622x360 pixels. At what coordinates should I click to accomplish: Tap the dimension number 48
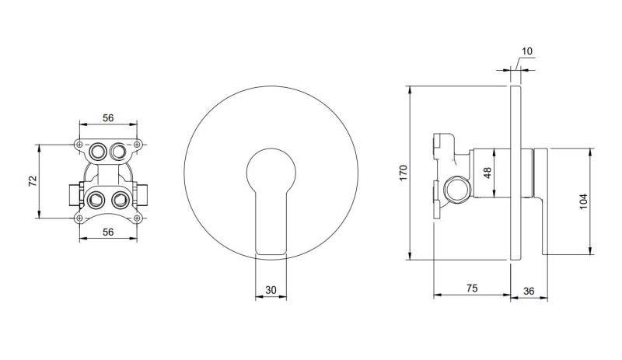[487, 173]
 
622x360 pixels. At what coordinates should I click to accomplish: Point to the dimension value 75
[471, 288]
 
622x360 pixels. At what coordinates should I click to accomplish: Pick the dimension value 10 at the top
[526, 51]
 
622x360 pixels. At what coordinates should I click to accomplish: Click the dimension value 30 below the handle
[271, 290]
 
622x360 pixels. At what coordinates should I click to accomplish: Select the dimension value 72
[33, 182]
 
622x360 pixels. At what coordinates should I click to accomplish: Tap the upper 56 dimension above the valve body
[109, 118]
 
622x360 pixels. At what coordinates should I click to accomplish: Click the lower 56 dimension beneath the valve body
[109, 232]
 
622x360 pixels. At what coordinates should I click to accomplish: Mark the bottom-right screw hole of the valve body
[137, 218]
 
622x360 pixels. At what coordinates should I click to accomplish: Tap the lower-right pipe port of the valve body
[119, 199]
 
